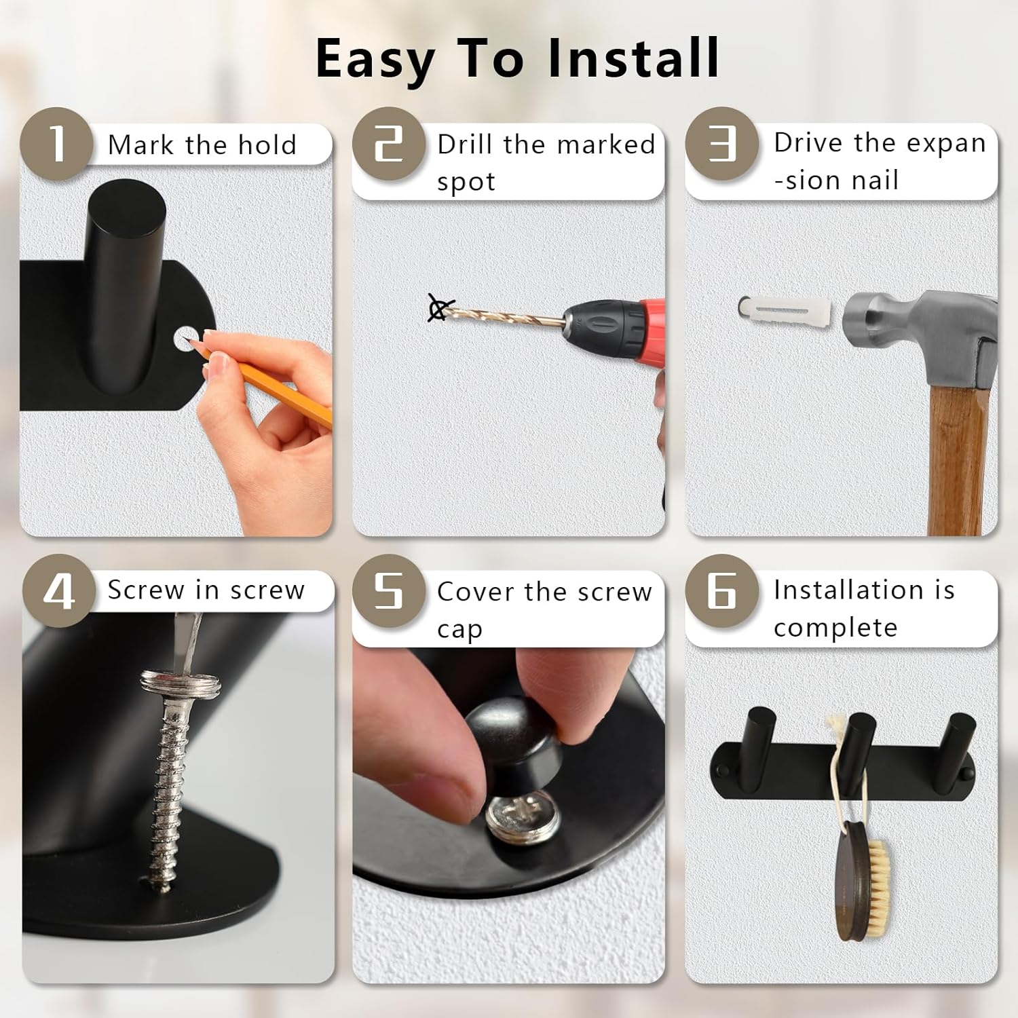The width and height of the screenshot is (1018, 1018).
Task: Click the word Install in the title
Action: point(634,58)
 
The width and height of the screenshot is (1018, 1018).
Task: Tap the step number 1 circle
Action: point(56,144)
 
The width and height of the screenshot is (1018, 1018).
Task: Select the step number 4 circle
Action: point(59,591)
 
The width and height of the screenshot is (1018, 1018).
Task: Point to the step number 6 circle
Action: point(721,591)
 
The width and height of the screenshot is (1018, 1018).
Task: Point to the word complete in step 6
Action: point(835,628)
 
